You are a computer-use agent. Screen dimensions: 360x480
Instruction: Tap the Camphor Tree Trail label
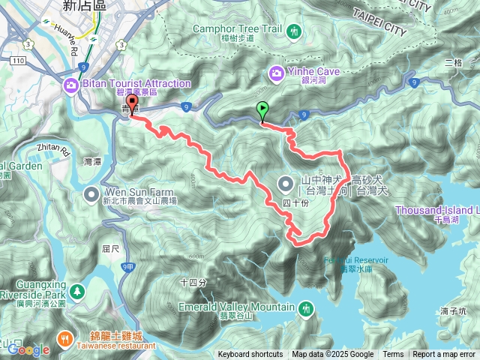click(236, 30)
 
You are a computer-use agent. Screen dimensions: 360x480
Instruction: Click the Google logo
click(28, 349)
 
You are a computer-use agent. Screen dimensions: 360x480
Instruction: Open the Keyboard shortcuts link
click(250, 355)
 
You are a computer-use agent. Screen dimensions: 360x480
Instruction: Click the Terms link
click(393, 355)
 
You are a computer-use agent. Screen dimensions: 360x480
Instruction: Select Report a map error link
click(445, 355)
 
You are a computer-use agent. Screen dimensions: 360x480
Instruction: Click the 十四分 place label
click(193, 282)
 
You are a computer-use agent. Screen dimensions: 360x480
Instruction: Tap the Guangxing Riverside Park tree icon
click(77, 289)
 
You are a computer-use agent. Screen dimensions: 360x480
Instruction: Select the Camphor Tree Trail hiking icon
click(294, 30)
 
